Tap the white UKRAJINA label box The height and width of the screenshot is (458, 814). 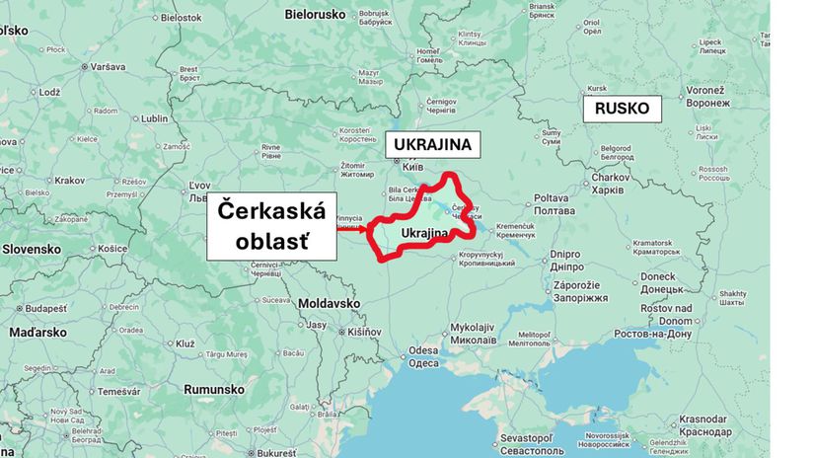click(432, 145)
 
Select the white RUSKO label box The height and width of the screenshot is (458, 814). click(623, 109)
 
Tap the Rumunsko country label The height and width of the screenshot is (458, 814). click(213, 389)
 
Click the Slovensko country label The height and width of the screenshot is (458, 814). click(34, 249)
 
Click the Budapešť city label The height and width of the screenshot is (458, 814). click(43, 308)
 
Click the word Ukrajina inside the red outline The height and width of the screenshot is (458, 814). click(425, 233)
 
